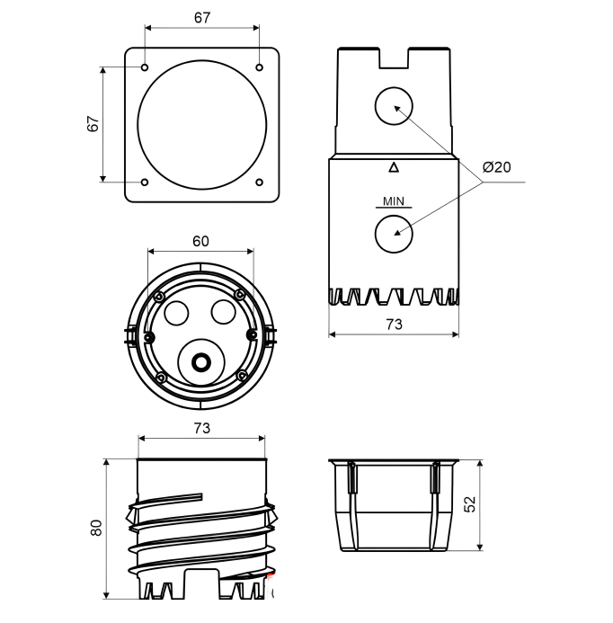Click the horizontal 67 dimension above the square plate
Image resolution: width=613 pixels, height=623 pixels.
(x=202, y=18)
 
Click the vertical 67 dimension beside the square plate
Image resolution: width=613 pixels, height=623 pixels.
(x=93, y=124)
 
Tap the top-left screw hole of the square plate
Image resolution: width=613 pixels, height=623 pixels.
(x=145, y=67)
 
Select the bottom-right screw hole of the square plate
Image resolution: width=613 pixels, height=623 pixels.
(x=259, y=182)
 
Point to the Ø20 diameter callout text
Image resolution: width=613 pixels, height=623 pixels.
(x=496, y=167)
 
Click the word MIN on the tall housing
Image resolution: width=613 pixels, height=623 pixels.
(x=394, y=201)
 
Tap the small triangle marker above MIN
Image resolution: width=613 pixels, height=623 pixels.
(x=394, y=167)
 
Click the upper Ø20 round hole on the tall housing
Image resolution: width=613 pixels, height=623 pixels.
(x=394, y=106)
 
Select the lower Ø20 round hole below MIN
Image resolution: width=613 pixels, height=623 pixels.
(x=394, y=234)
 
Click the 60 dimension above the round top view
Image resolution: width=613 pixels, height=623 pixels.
(x=200, y=241)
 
